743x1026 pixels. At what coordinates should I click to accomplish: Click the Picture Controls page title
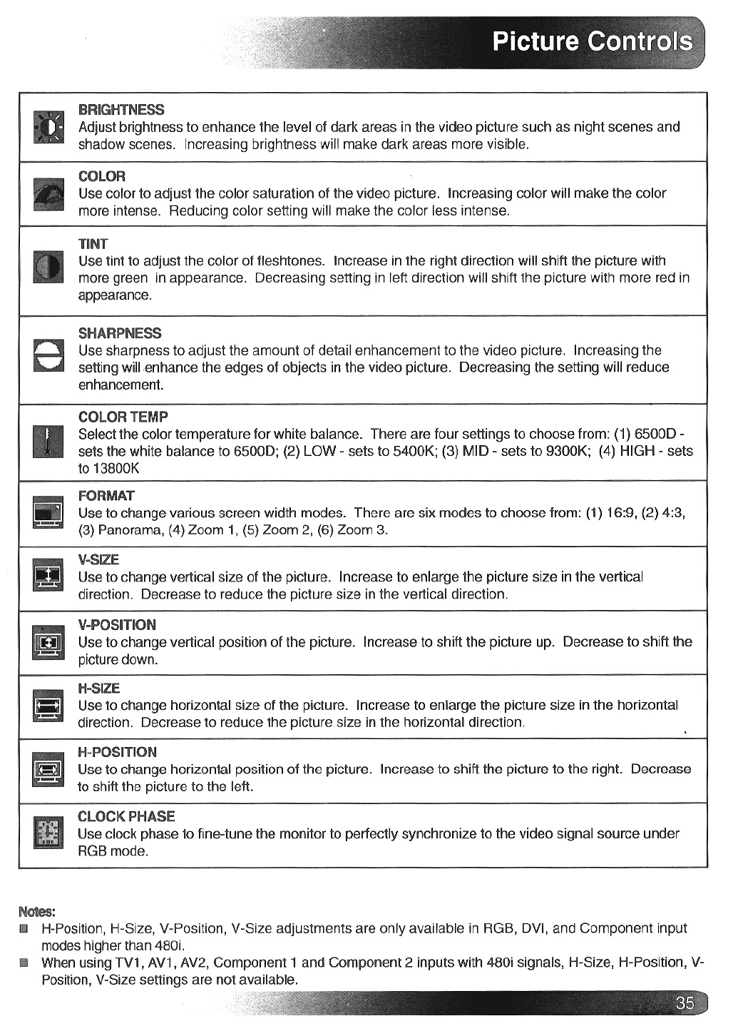click(x=592, y=41)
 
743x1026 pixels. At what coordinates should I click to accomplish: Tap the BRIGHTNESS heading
click(x=121, y=110)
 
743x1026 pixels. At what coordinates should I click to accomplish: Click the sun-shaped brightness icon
click(x=48, y=128)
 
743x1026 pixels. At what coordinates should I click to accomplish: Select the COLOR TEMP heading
click(x=123, y=417)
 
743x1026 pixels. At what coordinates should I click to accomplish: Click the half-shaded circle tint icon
click(x=48, y=268)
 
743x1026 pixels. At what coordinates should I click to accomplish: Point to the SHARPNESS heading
click(x=120, y=333)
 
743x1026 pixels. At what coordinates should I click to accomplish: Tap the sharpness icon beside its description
click(x=48, y=355)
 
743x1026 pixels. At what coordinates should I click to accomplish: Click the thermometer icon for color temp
click(x=48, y=441)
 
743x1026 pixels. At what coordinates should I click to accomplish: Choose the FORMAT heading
click(x=106, y=496)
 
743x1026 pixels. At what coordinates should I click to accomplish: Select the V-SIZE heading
click(x=98, y=559)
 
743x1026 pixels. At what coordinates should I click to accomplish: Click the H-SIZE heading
click(x=98, y=689)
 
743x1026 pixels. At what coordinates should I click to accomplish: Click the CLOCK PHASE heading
click(x=126, y=816)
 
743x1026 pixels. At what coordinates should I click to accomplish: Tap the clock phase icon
click(x=48, y=833)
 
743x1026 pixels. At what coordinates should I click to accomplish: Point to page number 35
click(x=685, y=1003)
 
